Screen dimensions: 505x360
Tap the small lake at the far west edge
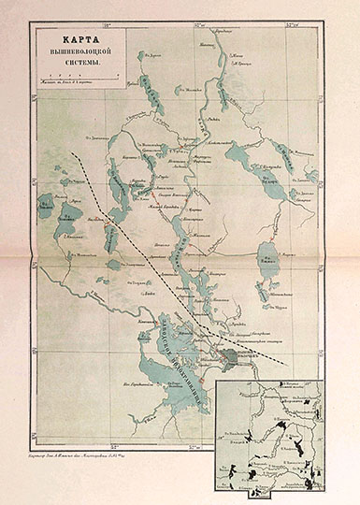point(44,203)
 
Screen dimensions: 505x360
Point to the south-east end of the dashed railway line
point(284,361)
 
